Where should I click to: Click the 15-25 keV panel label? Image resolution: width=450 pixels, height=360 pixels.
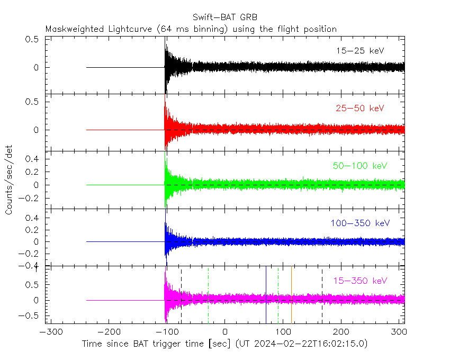point(360,51)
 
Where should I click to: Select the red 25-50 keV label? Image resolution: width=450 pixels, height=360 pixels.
point(360,109)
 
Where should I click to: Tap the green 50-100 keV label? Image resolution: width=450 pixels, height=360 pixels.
point(361,166)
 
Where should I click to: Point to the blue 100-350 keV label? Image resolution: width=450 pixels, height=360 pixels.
point(361,223)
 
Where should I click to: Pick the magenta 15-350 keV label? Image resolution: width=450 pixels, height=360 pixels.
point(361,281)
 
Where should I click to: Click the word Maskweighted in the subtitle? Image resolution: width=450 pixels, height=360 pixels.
point(73,29)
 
